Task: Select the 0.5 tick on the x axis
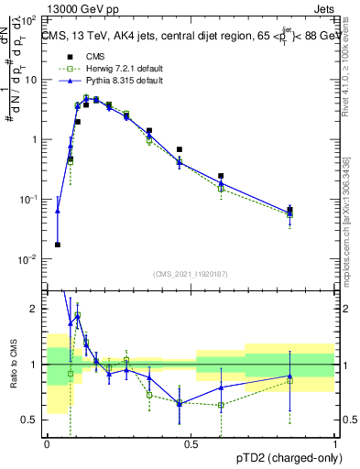click(191, 444)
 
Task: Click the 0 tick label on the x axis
click(47, 444)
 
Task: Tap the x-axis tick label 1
click(334, 444)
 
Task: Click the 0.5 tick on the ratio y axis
click(32, 420)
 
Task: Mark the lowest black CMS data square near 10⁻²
click(58, 245)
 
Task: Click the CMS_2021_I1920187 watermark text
click(191, 274)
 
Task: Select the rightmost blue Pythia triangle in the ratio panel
click(289, 376)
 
